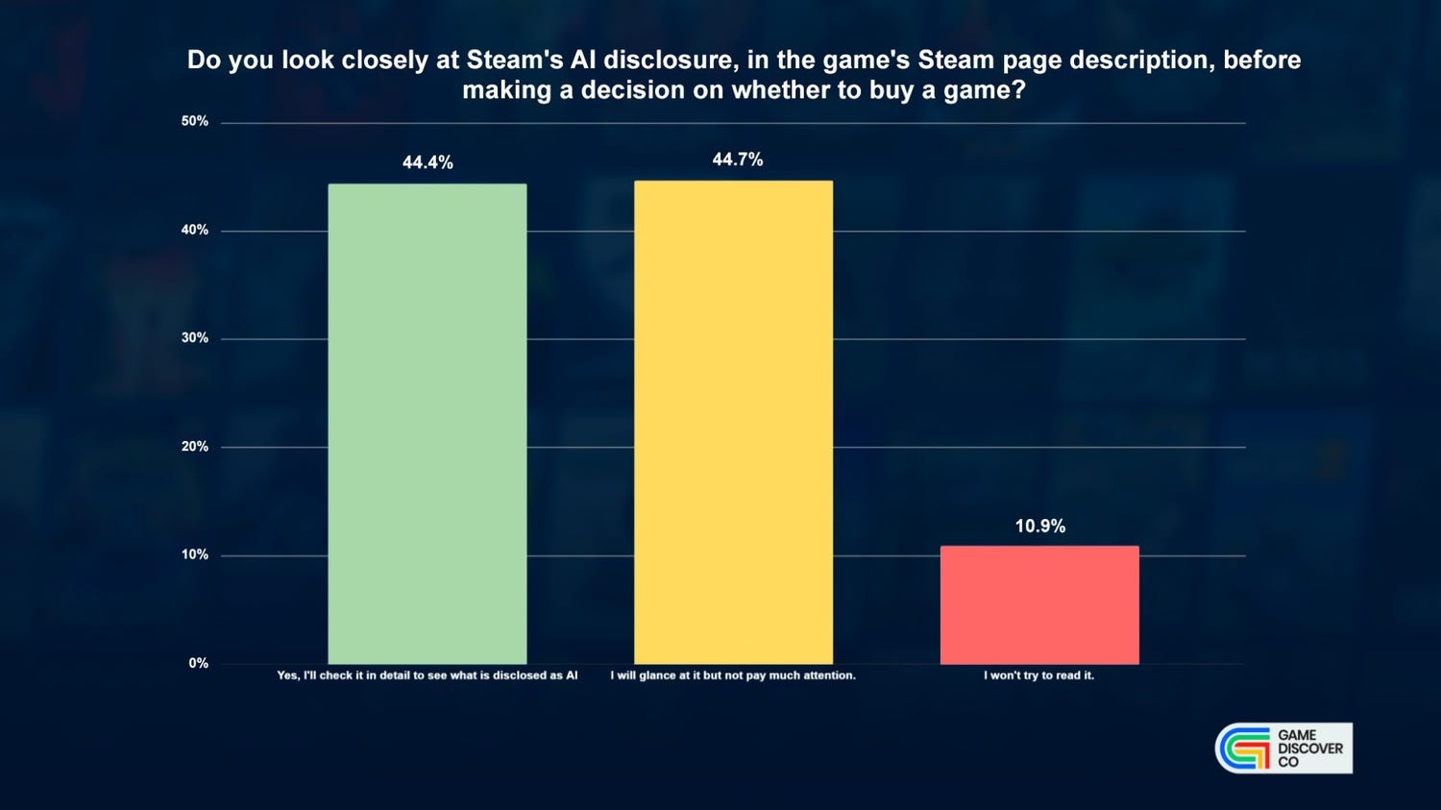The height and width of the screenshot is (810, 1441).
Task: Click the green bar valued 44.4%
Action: [x=427, y=424]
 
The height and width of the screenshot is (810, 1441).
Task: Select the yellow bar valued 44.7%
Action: [x=733, y=422]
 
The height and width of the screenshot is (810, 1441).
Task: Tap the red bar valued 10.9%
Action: [x=1039, y=604]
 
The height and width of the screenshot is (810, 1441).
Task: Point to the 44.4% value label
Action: [x=427, y=162]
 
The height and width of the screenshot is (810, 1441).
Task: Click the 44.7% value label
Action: [x=737, y=160]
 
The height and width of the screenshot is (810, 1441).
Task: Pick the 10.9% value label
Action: [x=1040, y=527]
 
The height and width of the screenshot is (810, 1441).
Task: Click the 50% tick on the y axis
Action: [x=195, y=122]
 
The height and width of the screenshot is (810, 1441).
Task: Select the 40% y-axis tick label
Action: [x=195, y=230]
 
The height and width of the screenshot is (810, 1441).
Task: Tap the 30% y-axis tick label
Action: [x=195, y=338]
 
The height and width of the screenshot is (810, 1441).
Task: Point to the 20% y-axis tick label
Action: [x=195, y=446]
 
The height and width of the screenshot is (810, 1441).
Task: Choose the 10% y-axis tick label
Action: [x=195, y=554]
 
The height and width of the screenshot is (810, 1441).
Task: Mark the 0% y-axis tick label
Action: [x=199, y=663]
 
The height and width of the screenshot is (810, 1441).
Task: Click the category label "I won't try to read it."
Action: [x=1038, y=675]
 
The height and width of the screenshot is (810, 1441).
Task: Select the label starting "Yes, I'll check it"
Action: [x=427, y=675]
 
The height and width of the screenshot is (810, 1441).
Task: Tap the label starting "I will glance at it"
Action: [x=733, y=675]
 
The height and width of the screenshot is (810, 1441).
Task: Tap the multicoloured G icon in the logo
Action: [x=1243, y=748]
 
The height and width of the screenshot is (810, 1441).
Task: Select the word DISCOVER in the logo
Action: [x=1310, y=749]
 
